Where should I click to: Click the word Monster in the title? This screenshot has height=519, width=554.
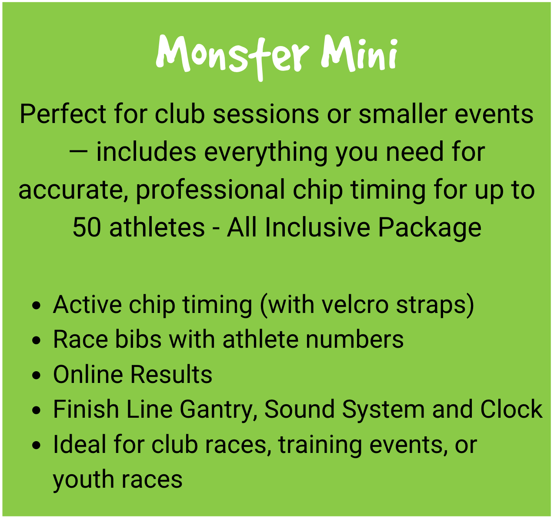(233, 57)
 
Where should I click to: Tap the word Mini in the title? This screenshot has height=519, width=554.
(359, 53)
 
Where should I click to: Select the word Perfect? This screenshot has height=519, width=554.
(63, 114)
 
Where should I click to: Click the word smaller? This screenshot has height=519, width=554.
(403, 114)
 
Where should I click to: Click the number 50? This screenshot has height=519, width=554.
(87, 228)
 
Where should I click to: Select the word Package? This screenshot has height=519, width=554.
(430, 229)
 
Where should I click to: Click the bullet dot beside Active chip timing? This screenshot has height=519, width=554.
(37, 306)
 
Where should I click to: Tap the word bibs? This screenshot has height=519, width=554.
(138, 339)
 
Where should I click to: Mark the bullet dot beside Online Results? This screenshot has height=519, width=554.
(37, 375)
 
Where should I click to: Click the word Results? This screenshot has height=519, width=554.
(171, 374)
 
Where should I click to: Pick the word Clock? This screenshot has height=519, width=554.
(511, 409)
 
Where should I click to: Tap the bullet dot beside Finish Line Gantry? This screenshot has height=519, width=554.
(37, 410)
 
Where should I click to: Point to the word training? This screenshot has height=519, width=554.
(320, 446)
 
